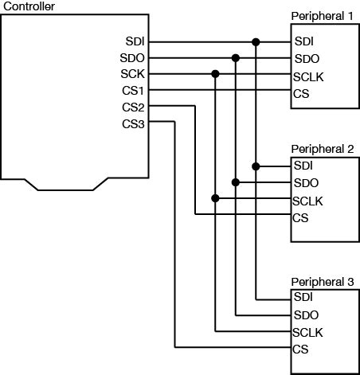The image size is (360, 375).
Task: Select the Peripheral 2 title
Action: [x=323, y=149]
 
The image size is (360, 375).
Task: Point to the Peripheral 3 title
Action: [x=323, y=281]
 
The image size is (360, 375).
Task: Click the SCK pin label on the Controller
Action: [x=132, y=74]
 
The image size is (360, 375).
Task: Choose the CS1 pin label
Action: [x=132, y=91]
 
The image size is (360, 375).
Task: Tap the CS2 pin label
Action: [x=132, y=107]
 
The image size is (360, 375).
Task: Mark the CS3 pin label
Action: [x=132, y=123]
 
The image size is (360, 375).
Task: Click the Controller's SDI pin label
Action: [x=134, y=41]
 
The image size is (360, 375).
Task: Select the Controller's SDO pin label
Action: [x=132, y=58]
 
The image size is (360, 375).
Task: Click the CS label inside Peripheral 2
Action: [x=300, y=217]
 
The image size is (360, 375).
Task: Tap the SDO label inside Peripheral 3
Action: [x=306, y=314]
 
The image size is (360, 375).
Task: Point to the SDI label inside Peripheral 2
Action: [x=303, y=166]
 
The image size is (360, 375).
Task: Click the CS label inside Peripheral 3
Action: [x=300, y=349]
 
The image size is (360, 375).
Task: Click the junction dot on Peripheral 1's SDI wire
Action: [x=256, y=41]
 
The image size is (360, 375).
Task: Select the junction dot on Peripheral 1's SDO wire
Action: [x=236, y=58]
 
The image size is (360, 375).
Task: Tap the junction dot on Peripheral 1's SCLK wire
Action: [x=215, y=74]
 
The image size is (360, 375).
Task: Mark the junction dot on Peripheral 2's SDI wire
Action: [x=256, y=166]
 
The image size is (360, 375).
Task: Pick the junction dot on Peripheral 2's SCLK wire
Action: [x=215, y=198]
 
